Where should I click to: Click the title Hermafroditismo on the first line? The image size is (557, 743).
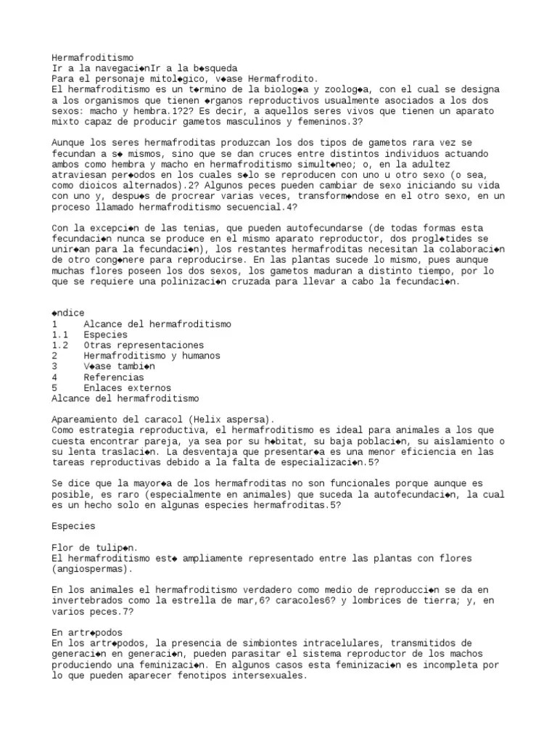93,58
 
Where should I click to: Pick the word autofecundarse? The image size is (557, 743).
286,228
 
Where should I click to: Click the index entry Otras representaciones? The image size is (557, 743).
144,345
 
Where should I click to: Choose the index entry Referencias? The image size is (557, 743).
114,377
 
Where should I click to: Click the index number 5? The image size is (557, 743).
55,387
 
